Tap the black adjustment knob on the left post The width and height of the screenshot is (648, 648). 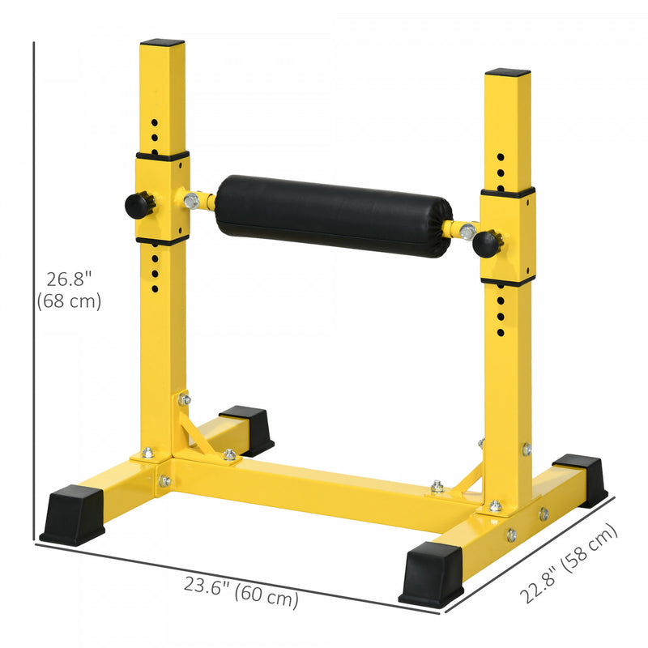point(140,204)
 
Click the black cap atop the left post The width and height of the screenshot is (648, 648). point(162,42)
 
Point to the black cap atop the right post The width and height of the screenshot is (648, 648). point(508,72)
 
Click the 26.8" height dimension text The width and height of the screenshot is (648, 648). point(69,279)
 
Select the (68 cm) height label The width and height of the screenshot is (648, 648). point(69,301)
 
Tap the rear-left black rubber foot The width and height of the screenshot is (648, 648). point(248,429)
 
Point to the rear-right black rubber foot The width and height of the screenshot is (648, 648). point(581,479)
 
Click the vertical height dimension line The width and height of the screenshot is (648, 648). point(35,292)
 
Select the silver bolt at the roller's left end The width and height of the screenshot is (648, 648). point(191,199)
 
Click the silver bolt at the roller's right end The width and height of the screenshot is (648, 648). point(467,232)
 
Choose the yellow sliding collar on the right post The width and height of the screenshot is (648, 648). point(508,236)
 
